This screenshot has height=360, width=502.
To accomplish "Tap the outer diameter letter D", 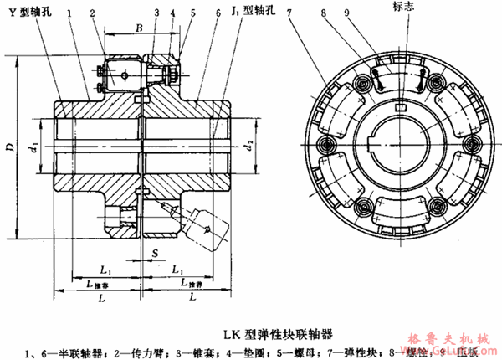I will pyautogui.click(x=8, y=148).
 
